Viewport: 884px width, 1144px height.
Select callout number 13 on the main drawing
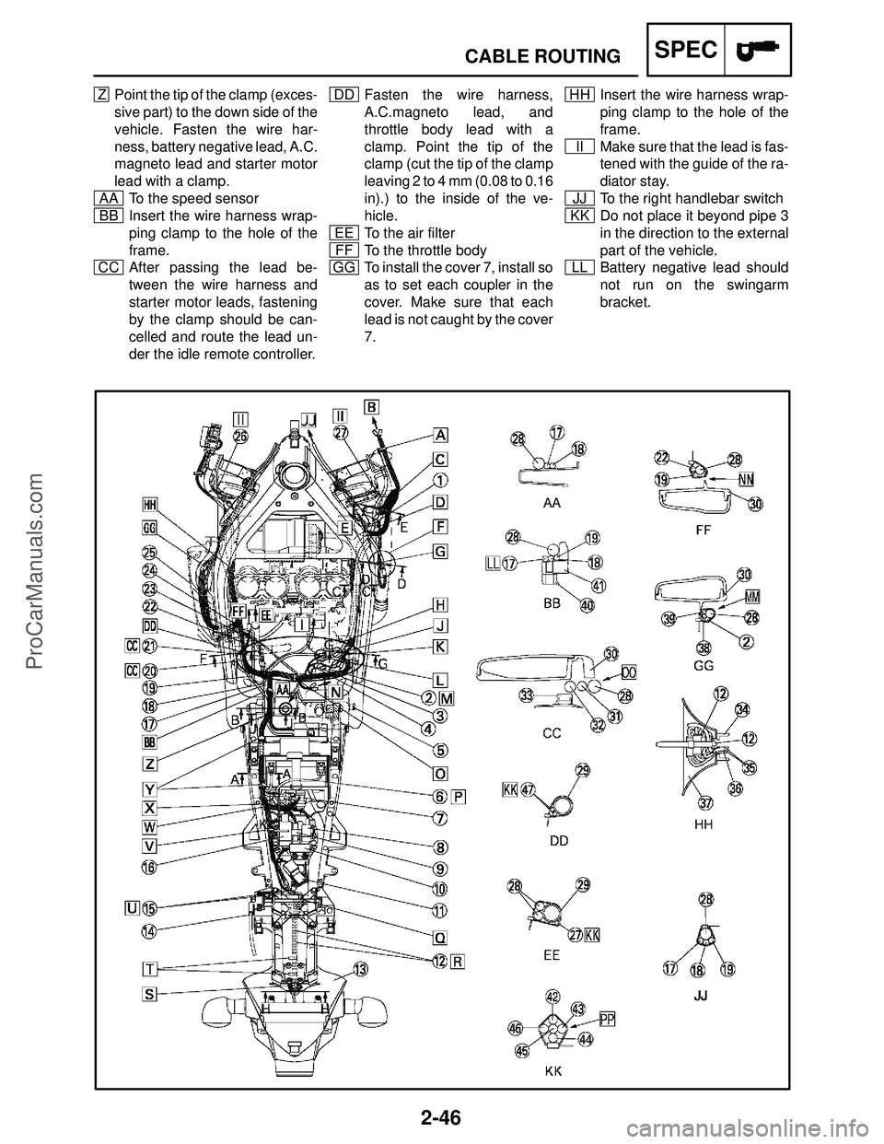tap(361, 968)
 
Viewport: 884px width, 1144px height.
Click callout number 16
tap(148, 867)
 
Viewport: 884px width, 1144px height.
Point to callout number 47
tap(529, 789)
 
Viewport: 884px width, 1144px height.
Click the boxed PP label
tap(608, 1018)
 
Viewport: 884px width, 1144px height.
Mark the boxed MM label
tap(751, 596)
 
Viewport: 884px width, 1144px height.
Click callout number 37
tap(705, 801)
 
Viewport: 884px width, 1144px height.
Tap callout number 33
tap(527, 696)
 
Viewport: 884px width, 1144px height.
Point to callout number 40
tap(587, 605)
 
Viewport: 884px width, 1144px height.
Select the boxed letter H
tap(440, 604)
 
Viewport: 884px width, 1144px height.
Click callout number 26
tap(240, 438)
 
